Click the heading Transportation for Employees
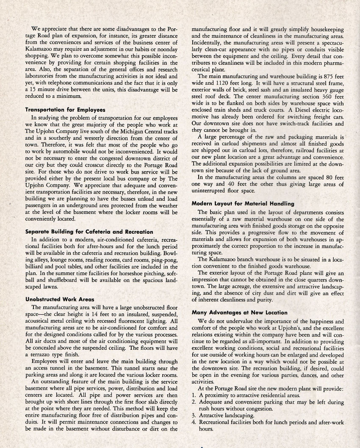(65, 110)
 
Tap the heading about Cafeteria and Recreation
(89, 232)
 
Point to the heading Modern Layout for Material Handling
(243, 204)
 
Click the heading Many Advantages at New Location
(239, 313)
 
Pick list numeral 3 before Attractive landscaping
(193, 415)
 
